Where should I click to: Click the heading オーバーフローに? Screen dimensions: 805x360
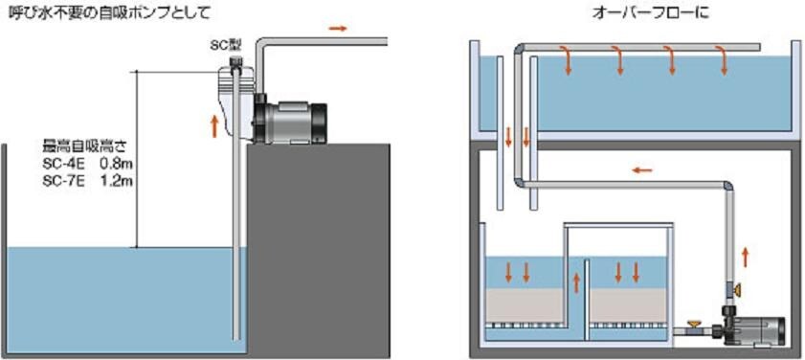coord(651,12)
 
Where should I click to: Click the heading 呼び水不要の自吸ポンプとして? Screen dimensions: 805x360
coord(110,12)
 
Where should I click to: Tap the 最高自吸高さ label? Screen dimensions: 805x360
coord(84,147)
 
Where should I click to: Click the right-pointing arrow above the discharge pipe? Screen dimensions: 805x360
coord(338,29)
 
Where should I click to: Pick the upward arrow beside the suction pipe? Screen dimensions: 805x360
coord(214,125)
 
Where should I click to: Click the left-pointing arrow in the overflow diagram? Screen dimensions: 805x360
coord(641,170)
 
